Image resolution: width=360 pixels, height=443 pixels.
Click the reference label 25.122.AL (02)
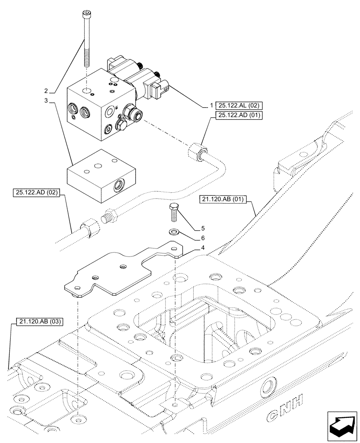pyautogui.click(x=239, y=105)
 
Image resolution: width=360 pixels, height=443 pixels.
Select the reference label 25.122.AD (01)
pyautogui.click(x=239, y=116)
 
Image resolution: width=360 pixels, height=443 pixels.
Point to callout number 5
pyautogui.click(x=203, y=229)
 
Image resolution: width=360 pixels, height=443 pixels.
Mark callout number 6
pyautogui.click(x=203, y=239)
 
